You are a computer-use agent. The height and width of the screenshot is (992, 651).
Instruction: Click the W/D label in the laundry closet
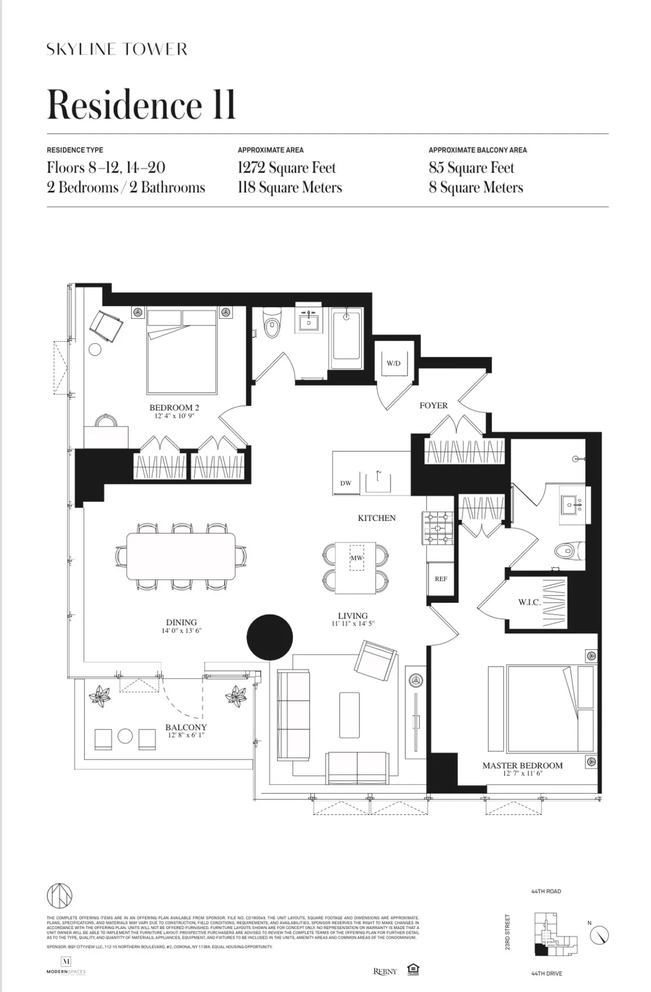click(393, 363)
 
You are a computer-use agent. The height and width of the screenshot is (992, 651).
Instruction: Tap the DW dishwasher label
click(346, 483)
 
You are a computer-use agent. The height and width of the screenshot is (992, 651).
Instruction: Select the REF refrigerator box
click(441, 579)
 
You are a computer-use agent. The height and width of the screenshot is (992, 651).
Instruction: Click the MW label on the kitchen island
click(356, 558)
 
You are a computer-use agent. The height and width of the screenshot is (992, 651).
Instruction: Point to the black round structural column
click(270, 637)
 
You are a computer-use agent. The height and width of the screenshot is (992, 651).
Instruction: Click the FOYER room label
click(433, 405)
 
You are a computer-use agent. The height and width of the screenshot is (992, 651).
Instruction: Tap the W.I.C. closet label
click(529, 603)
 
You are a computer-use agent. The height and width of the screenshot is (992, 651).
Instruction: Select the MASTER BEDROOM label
click(522, 765)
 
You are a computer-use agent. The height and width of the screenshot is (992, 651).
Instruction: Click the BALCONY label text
click(186, 727)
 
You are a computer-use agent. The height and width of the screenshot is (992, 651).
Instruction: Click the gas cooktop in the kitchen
click(438, 528)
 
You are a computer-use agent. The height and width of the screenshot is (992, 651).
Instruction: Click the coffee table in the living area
click(349, 714)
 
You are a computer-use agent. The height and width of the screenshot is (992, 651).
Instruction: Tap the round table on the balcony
click(125, 736)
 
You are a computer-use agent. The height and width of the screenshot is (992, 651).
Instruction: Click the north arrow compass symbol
click(599, 935)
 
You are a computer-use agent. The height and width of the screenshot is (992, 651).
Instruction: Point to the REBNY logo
click(385, 971)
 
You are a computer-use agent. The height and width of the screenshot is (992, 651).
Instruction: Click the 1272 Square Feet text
click(286, 168)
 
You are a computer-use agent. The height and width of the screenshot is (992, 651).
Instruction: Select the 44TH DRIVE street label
click(546, 974)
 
